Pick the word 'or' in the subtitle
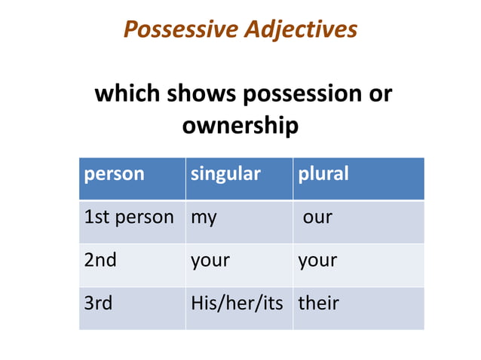[378, 94]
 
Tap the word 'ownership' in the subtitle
[240, 126]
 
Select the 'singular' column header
[225, 174]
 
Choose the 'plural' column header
[323, 174]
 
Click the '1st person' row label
[129, 218]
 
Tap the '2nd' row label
[100, 261]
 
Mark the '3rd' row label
[98, 304]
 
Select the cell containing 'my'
[204, 218]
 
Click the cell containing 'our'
[317, 218]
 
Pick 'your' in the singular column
[210, 261]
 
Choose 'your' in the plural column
[317, 261]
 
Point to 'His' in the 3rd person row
[203, 304]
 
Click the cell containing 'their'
[318, 304]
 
